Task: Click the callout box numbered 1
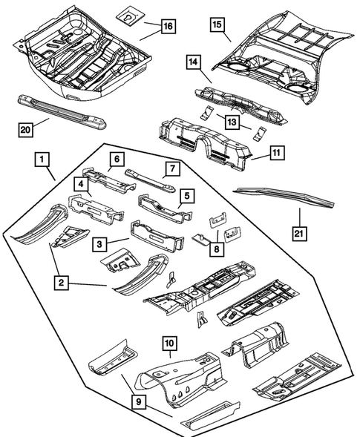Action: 42,160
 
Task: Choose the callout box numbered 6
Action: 117,159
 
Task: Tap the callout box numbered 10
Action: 169,344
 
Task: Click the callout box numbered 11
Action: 275,154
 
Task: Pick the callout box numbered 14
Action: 193,65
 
